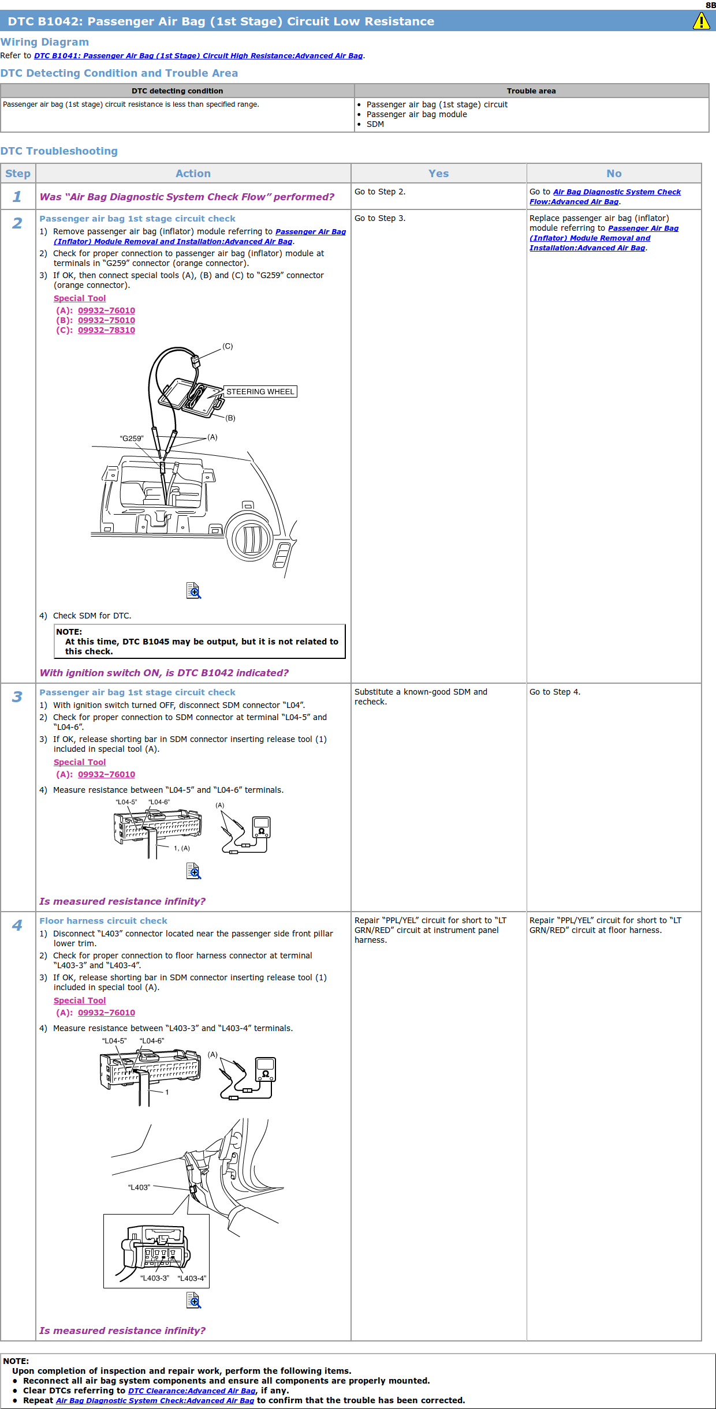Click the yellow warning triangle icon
(701, 21)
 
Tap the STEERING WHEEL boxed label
(260, 392)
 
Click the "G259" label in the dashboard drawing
(132, 439)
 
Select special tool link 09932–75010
(106, 320)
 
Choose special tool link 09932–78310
(106, 330)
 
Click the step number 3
(17, 696)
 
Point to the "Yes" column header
(438, 174)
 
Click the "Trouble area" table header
(531, 91)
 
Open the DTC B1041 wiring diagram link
(198, 56)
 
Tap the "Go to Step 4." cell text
(555, 692)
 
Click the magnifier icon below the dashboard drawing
(193, 590)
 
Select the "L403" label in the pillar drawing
(139, 1187)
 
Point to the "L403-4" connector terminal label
(192, 1278)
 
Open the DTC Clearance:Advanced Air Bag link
(192, 1391)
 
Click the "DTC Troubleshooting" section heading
(59, 151)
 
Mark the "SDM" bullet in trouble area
(375, 124)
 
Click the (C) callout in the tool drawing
(228, 346)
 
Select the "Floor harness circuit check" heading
(103, 921)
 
